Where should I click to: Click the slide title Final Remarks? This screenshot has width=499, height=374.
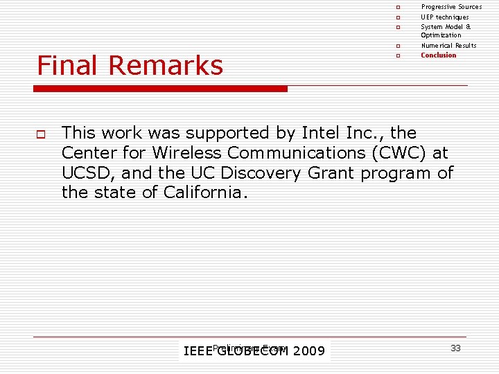click(x=130, y=66)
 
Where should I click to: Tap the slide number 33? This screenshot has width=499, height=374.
click(x=455, y=348)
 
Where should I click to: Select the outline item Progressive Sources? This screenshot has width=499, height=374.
click(x=451, y=7)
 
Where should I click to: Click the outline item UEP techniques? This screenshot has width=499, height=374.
click(x=444, y=17)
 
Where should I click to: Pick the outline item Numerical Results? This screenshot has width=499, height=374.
click(x=448, y=45)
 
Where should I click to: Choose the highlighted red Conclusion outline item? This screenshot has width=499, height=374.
click(x=439, y=55)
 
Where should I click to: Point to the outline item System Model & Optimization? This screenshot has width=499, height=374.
click(x=445, y=30)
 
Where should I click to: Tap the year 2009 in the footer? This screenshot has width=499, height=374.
click(x=308, y=351)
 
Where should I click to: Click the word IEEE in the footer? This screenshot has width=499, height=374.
click(x=197, y=351)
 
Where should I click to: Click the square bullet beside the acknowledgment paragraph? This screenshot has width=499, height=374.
click(x=41, y=133)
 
